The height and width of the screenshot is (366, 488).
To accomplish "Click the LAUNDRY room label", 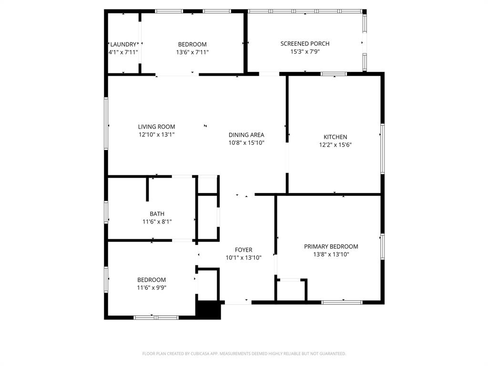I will pos(123,44).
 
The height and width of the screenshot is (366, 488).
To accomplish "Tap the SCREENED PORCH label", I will pos(305,43).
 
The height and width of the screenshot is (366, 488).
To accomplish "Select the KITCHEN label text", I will pos(335,137).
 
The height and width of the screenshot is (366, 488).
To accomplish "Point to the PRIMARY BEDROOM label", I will pos(331,246).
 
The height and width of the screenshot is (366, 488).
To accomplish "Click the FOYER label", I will pos(244,250).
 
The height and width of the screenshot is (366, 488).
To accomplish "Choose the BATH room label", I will pos(157,214).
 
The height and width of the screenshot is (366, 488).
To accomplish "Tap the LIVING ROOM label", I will pos(156,127).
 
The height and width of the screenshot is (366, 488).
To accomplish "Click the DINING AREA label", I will pos(246,135).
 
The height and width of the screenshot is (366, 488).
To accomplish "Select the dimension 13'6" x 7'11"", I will pos(192,52).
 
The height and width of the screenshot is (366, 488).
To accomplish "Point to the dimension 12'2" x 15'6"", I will pos(335,145).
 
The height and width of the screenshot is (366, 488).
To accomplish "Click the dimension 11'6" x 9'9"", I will pos(152,287).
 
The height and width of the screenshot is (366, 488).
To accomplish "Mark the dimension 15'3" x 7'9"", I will pos(305,51).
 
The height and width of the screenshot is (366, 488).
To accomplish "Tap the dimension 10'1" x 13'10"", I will pos(244,258).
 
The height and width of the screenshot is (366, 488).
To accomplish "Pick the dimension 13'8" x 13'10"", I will pos(331,254).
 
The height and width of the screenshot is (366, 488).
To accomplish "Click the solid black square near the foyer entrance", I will pos(209,310).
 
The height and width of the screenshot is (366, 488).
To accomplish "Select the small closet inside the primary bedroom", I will pos(291,290).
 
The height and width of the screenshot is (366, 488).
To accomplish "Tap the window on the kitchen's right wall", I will pos(382,148).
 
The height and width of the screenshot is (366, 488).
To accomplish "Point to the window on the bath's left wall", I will pos(106,212).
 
